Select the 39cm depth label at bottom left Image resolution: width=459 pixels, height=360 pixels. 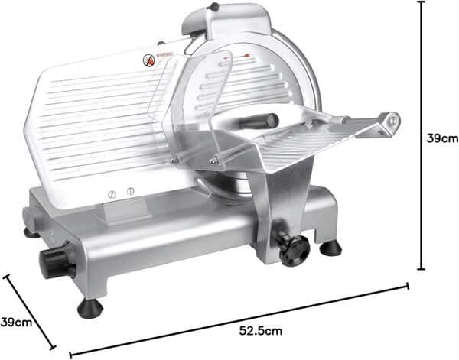click(x=15, y=322)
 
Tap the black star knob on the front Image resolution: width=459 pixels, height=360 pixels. click(x=294, y=249)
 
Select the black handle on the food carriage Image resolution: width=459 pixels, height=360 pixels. click(x=259, y=122)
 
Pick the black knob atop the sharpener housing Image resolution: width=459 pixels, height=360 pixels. click(x=213, y=7)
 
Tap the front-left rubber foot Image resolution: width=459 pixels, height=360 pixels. click(x=90, y=307)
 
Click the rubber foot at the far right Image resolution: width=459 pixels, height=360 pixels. click(x=330, y=248)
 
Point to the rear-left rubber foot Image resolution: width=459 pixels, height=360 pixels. click(x=31, y=232)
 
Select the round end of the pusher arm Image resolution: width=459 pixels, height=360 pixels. click(x=392, y=120)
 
